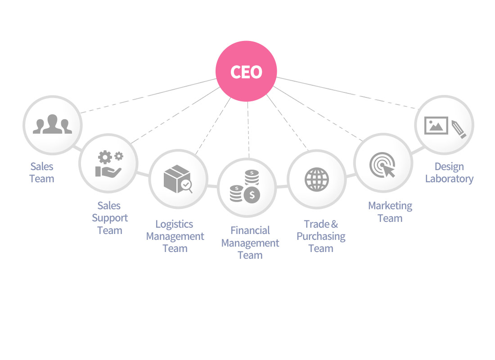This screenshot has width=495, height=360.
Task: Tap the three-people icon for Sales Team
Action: coord(52,124)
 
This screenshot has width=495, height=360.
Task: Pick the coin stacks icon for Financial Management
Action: coord(246,186)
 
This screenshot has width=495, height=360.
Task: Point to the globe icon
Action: coord(317,179)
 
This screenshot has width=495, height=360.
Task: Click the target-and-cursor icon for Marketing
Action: coord(382,165)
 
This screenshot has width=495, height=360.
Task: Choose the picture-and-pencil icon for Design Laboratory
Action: coord(445,126)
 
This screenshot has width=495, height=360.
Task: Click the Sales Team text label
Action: coord(42,172)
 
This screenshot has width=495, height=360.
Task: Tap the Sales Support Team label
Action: coord(110,218)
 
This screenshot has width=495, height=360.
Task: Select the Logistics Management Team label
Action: coord(175,236)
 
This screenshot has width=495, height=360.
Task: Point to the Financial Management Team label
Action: coord(250,243)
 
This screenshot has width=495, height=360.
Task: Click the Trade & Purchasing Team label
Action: coord(321,236)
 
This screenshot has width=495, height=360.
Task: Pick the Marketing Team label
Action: coord(390,212)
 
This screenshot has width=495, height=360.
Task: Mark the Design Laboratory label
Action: coord(449,173)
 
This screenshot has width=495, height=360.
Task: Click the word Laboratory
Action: coord(449,179)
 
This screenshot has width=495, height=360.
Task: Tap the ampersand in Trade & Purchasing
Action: coord(334,224)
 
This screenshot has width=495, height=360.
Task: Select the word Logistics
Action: coord(174,224)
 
